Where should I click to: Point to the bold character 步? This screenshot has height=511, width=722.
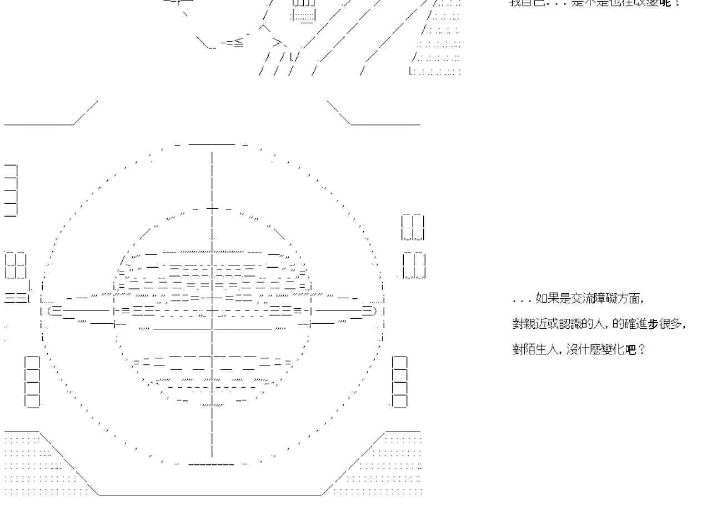point(653,324)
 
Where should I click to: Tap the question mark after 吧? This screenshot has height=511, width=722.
point(643,350)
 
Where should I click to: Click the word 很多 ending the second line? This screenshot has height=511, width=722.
point(672,324)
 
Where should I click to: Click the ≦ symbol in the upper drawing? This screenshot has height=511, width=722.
point(238,43)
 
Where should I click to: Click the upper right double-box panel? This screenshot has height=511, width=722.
point(413,227)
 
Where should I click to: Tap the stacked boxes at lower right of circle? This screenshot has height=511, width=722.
point(400,382)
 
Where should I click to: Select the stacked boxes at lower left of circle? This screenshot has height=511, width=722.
point(32,382)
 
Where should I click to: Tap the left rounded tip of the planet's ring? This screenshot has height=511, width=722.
point(52,310)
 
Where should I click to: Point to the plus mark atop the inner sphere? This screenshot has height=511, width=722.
point(212,209)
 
